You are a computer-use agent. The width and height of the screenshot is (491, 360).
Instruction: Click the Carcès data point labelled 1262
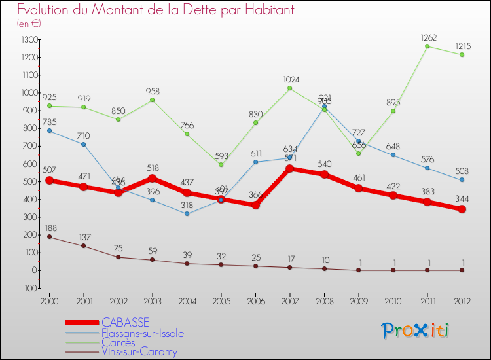(x=427, y=46)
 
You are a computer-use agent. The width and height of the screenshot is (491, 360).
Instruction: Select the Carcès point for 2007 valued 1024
(x=289, y=88)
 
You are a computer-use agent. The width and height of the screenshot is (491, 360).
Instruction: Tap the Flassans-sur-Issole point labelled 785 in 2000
(x=50, y=131)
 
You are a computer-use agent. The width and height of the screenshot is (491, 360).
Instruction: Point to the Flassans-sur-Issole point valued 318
(x=187, y=214)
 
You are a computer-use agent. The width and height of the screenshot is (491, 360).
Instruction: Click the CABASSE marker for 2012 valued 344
(x=462, y=209)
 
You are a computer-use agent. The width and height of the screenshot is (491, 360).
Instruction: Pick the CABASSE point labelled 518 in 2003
(x=153, y=178)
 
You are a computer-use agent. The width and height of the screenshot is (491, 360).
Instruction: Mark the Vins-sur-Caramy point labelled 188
(x=50, y=237)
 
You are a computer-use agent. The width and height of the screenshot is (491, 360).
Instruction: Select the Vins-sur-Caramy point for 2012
(x=462, y=270)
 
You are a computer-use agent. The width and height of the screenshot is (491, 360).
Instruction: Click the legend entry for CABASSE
(x=125, y=322)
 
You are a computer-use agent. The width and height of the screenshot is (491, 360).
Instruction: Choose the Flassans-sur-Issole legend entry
(x=143, y=333)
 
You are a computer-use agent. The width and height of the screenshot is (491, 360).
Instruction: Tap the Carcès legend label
(x=118, y=342)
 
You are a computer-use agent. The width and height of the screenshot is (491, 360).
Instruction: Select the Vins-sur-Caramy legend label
(x=139, y=352)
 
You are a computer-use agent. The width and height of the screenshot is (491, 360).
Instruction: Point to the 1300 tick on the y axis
(x=29, y=40)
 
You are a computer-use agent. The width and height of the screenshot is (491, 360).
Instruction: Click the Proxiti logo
(x=416, y=331)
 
